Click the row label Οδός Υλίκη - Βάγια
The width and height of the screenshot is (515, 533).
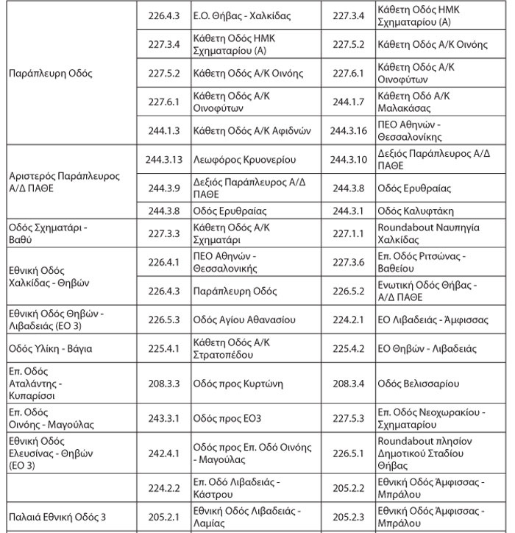click(50, 347)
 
